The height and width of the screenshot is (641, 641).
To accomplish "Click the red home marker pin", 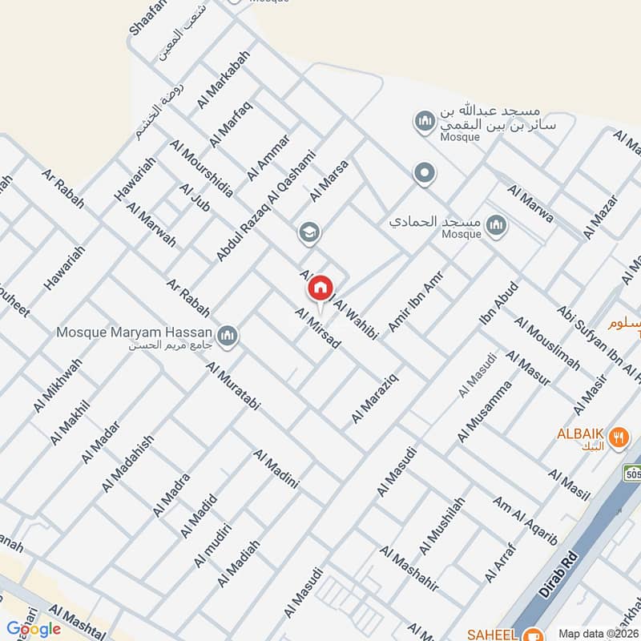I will (320, 286).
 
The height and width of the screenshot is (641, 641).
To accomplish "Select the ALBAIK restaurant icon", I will (617, 437).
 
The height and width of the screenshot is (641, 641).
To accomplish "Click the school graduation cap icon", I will (307, 233).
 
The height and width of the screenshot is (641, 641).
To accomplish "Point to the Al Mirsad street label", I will (318, 329).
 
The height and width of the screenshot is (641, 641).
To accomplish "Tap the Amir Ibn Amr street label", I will (415, 300).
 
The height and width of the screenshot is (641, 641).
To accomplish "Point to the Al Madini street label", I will (276, 469).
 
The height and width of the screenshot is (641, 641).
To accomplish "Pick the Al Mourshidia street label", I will (202, 168).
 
